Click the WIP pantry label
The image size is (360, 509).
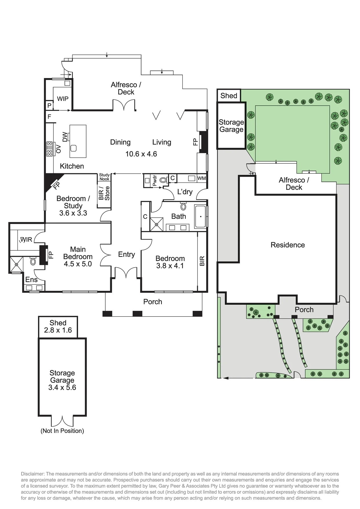[x=63, y=99]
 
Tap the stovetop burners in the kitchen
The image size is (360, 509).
[x=49, y=149]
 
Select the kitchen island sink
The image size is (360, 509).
[x=73, y=148]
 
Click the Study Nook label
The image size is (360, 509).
[x=104, y=177]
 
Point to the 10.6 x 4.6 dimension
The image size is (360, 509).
[x=141, y=154]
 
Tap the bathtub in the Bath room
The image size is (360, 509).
[x=200, y=216]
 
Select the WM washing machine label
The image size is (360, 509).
[x=201, y=178]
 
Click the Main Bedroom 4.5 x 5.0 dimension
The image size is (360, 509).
[x=78, y=264]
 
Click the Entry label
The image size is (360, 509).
[x=126, y=255]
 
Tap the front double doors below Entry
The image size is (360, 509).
[x=126, y=273]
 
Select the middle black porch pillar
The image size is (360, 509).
[x=138, y=314]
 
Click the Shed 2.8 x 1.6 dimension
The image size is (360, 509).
[x=58, y=330]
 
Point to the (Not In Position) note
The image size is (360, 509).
[x=62, y=431]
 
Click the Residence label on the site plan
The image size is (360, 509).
[x=288, y=245]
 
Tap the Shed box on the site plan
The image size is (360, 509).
[x=229, y=95]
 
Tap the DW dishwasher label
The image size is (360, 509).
[x=65, y=137]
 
